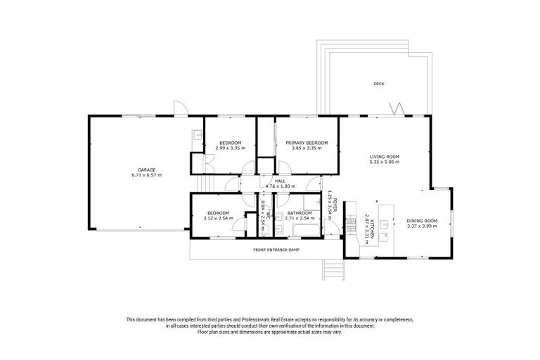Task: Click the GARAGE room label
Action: coord(146,169)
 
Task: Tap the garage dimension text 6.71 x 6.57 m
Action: coord(146,175)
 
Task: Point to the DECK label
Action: coord(378,84)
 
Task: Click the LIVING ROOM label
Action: coord(385,156)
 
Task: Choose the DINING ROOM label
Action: coord(422,221)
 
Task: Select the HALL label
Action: coord(280,181)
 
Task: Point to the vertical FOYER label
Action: coord(335,205)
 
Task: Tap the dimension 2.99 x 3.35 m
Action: coord(229,148)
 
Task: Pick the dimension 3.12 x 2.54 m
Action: coord(218,219)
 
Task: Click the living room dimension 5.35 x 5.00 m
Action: coord(385,162)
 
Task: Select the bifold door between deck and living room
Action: coord(397,109)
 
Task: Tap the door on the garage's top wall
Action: coord(181,109)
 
